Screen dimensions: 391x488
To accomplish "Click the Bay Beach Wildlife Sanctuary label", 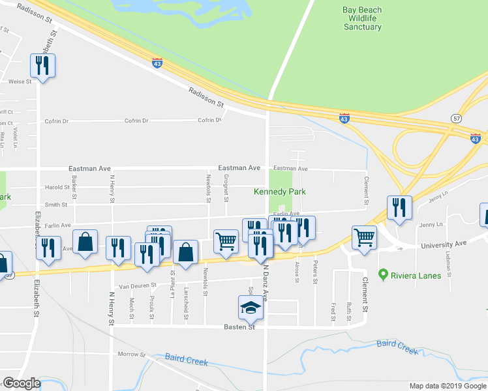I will [x=362, y=18].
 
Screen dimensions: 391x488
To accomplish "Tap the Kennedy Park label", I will [x=279, y=192].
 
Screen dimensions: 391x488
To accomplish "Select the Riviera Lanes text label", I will [x=416, y=276].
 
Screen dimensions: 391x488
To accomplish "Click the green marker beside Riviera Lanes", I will [x=384, y=275].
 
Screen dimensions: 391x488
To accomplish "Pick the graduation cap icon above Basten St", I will [x=251, y=307].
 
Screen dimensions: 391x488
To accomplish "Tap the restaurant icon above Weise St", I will [x=43, y=65].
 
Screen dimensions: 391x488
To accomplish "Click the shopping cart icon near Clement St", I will [x=364, y=237].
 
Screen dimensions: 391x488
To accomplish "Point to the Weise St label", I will [x=20, y=81].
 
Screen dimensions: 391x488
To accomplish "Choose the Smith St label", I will [x=56, y=205].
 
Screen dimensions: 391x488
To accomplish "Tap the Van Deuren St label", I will [x=138, y=285].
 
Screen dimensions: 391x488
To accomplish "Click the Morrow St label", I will [x=131, y=355].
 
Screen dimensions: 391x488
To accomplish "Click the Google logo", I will [x=22, y=383].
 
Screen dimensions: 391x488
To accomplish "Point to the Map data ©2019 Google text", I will [x=448, y=386].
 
